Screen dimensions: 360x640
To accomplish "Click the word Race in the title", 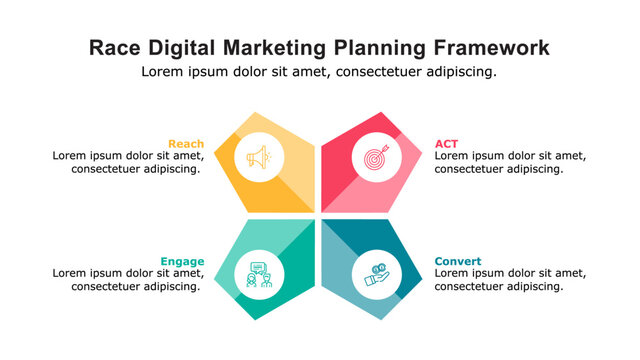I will [113, 47].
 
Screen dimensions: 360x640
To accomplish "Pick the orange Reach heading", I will [186, 143].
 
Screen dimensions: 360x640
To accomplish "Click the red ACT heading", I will [446, 143].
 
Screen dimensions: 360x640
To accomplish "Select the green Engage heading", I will [182, 261].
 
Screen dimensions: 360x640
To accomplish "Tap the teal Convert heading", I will [457, 261].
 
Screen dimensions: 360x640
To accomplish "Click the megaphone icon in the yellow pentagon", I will [259, 158].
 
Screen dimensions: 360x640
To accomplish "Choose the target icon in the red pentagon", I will [376, 158].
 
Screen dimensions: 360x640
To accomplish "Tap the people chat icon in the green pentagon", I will [259, 274].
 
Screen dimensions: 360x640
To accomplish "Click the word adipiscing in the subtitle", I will [460, 72].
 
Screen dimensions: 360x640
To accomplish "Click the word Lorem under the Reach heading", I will [71, 156].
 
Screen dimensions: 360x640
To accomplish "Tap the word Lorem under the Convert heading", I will [453, 273].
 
